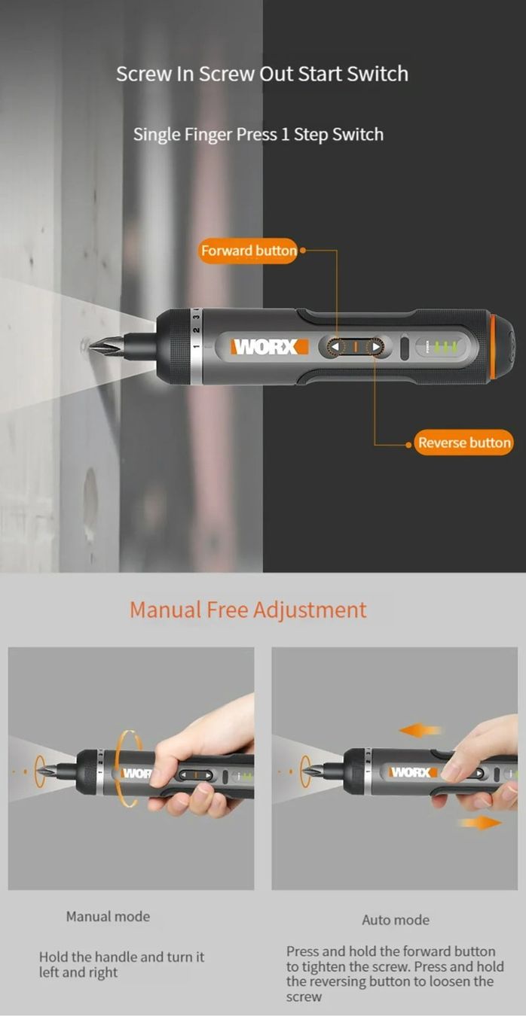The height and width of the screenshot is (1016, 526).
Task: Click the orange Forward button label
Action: click(248, 251)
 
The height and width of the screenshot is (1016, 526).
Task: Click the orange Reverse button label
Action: click(463, 443)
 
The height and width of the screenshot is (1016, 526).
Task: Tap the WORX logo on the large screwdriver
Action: click(270, 347)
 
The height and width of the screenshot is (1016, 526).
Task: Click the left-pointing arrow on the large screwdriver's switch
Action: click(335, 347)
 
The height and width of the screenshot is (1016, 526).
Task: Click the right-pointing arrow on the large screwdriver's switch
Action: click(376, 347)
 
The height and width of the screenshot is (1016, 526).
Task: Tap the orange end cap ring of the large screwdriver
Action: click(494, 347)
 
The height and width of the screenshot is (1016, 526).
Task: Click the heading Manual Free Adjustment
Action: click(248, 610)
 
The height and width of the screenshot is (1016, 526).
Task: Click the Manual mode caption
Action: click(108, 917)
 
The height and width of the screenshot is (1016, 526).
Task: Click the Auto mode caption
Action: click(396, 920)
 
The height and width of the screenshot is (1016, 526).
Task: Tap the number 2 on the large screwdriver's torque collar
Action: click(196, 330)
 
